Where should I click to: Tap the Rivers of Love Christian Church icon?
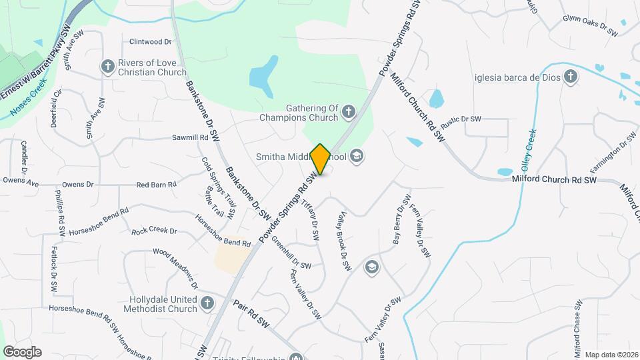[x=107, y=66]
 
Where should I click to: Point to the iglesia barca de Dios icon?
[x=570, y=77]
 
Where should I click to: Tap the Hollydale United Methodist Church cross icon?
[x=207, y=303]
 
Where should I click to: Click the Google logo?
[x=22, y=351]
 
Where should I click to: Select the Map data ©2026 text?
[x=611, y=354]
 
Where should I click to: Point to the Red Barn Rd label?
[x=156, y=185]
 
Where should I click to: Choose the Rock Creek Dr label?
[x=153, y=231]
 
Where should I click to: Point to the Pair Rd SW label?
[x=251, y=314]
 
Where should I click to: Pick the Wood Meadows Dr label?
[x=176, y=269]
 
